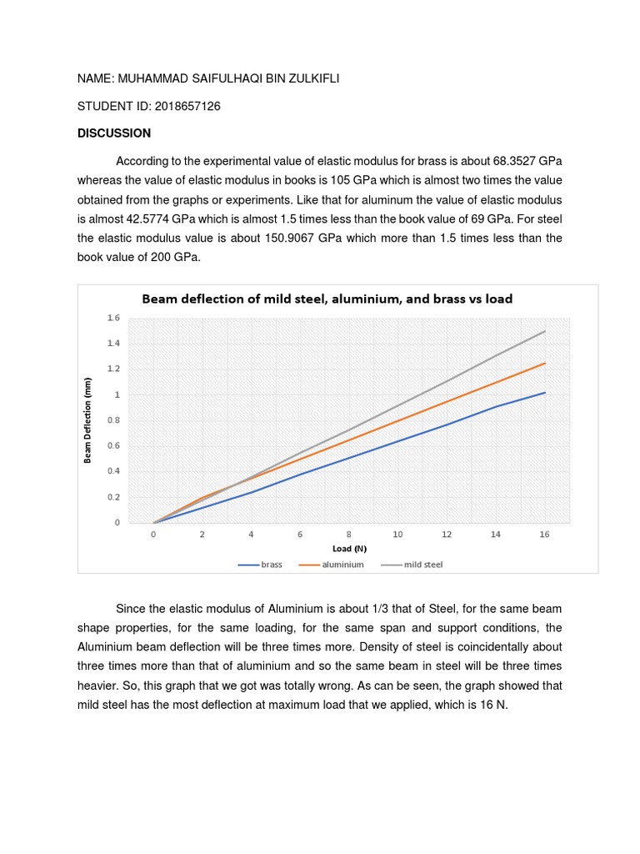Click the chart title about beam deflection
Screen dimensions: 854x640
(x=327, y=298)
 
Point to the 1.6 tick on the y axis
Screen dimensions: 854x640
(x=113, y=318)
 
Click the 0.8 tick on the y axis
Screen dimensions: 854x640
(x=113, y=420)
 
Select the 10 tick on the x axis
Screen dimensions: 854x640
(x=398, y=534)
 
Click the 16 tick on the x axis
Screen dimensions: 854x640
(x=545, y=534)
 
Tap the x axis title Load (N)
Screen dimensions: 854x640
(x=348, y=548)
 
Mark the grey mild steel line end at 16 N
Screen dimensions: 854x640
(x=545, y=331)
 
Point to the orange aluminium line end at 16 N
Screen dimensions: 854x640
(x=545, y=363)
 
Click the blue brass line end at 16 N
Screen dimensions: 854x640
(x=545, y=392)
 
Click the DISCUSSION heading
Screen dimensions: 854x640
(x=114, y=133)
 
